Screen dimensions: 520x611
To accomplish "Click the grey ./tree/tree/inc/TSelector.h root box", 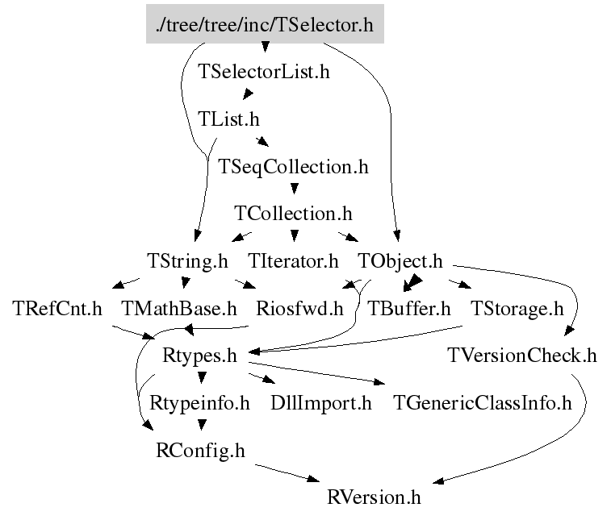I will pyautogui.click(x=265, y=25).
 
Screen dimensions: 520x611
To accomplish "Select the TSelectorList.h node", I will pyautogui.click(x=264, y=72).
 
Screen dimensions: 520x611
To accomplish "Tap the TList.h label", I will pyautogui.click(x=228, y=119).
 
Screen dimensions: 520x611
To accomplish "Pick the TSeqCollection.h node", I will pyautogui.click(x=293, y=167).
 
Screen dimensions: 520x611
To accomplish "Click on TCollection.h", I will pyautogui.click(x=293, y=214).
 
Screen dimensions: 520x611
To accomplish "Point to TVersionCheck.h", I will pyautogui.click(x=521, y=356).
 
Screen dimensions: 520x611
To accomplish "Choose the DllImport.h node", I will pyautogui.click(x=321, y=403).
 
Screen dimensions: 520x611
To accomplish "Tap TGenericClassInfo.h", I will pyautogui.click(x=482, y=403).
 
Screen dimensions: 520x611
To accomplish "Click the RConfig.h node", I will pyautogui.click(x=199, y=450).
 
